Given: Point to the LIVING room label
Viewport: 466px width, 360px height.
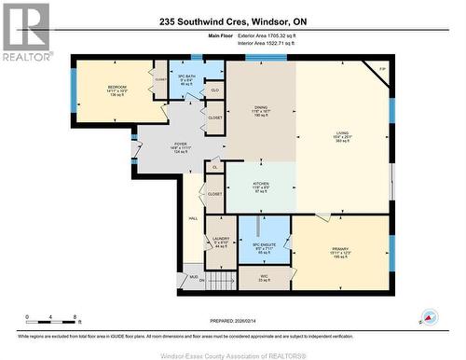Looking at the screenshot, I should (x=343, y=133).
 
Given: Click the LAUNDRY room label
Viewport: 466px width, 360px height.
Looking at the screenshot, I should (x=221, y=239).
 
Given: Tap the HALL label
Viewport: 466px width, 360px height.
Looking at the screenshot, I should (x=193, y=218).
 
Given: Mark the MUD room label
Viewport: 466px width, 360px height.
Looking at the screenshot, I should (x=193, y=277).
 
